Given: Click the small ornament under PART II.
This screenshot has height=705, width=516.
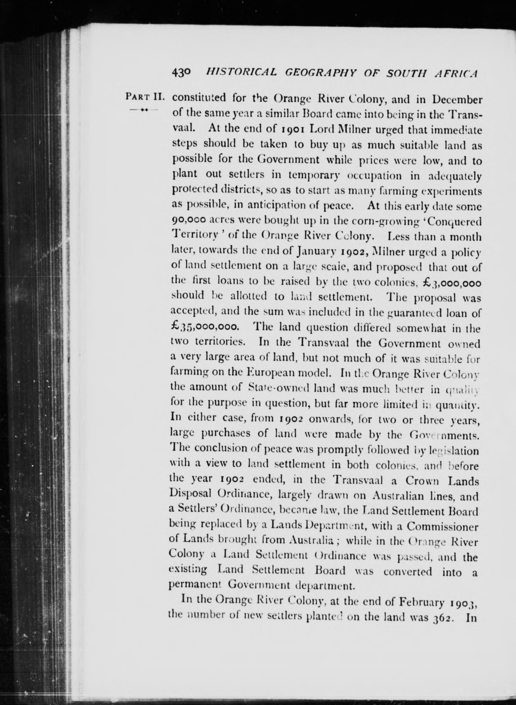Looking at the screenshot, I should click(x=144, y=110).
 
